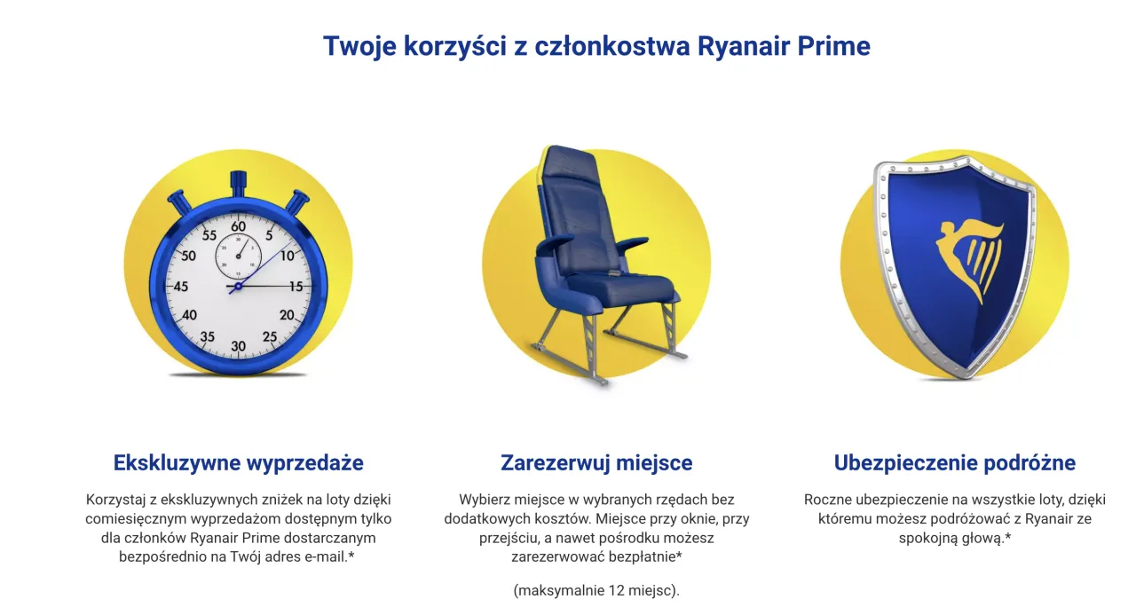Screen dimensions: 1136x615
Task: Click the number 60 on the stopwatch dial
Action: pos(239,226)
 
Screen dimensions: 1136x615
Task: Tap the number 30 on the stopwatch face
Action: pos(239,346)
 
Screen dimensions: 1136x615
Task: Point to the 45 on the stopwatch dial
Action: pos(180,287)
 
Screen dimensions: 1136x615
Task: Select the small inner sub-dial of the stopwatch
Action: pos(238,256)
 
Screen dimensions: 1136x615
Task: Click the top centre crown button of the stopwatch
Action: pos(239,184)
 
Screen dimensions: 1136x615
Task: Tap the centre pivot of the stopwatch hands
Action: pos(238,287)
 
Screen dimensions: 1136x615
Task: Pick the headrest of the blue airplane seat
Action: pos(570,162)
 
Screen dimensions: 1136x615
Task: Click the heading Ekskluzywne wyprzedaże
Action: pos(239,463)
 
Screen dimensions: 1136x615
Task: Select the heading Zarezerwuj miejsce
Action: pos(596,463)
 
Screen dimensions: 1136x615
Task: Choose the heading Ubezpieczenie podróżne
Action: pos(955,463)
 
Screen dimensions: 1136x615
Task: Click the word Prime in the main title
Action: pos(833,45)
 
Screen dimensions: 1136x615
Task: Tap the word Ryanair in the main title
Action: pos(744,47)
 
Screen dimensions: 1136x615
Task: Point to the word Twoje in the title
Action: pos(359,47)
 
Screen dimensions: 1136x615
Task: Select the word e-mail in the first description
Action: pos(326,556)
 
